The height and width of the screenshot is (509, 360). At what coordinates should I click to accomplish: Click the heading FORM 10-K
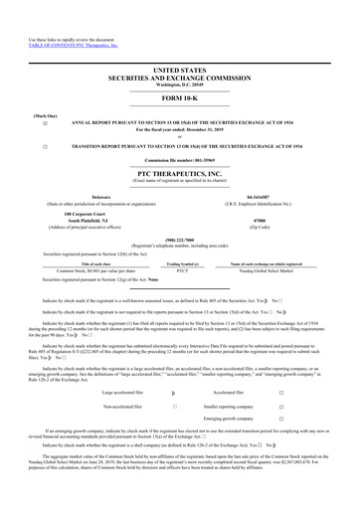click(x=180, y=99)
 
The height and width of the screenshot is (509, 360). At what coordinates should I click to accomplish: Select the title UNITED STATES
click(x=180, y=71)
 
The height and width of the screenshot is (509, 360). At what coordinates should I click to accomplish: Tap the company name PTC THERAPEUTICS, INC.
click(x=180, y=173)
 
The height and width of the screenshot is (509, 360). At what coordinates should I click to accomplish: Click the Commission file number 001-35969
click(x=180, y=159)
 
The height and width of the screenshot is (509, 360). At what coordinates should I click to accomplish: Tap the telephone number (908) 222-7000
click(x=180, y=240)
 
